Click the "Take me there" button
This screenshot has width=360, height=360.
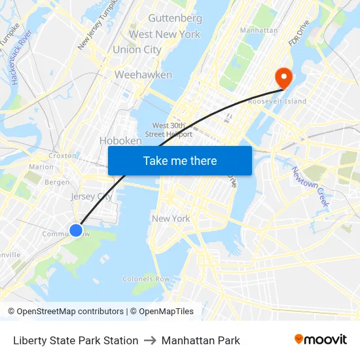180,160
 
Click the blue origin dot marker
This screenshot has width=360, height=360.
76,230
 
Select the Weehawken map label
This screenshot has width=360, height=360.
143,75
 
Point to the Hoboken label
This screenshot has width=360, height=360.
120,141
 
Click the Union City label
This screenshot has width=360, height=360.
137,50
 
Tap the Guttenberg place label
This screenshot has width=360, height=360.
175,18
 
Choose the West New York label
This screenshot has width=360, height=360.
164,34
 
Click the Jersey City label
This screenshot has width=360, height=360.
92,196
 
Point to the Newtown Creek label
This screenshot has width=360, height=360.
310,187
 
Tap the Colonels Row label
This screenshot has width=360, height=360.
146,279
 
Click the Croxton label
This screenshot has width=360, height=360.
63,156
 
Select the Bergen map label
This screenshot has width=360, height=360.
57,182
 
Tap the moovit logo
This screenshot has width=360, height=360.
321,340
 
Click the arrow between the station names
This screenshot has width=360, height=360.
150,340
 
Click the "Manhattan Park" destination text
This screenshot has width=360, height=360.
201,340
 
